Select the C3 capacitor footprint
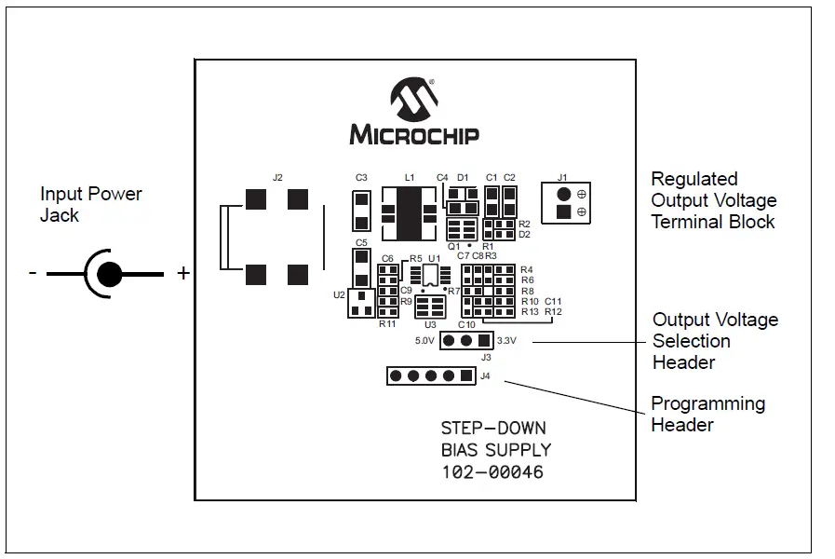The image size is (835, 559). click(362, 211)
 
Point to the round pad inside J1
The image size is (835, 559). click(563, 194)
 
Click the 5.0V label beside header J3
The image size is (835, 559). click(424, 341)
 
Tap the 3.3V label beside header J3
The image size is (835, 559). click(507, 341)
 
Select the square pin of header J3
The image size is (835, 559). click(484, 341)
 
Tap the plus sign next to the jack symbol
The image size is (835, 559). click(183, 273)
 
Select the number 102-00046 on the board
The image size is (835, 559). click(492, 472)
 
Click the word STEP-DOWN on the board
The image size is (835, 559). click(493, 429)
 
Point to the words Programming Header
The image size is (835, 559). click(707, 415)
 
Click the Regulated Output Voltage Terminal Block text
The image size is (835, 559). click(713, 200)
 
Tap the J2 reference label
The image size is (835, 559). click(277, 177)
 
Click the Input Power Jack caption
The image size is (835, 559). click(90, 205)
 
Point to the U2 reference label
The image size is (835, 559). click(339, 294)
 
